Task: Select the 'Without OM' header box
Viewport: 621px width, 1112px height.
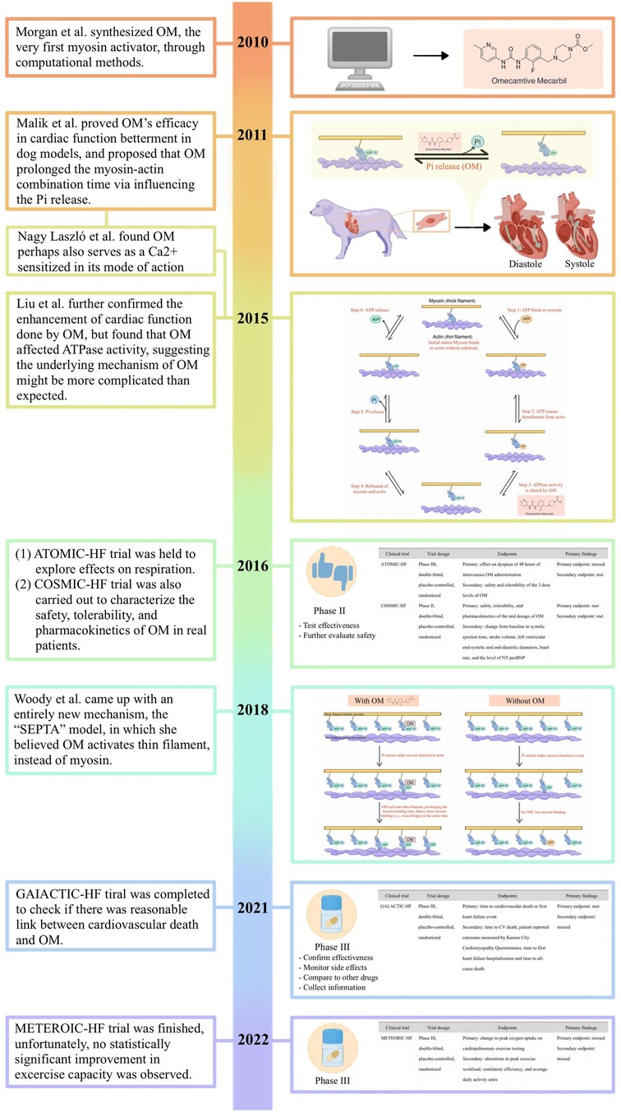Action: tap(521, 676)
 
